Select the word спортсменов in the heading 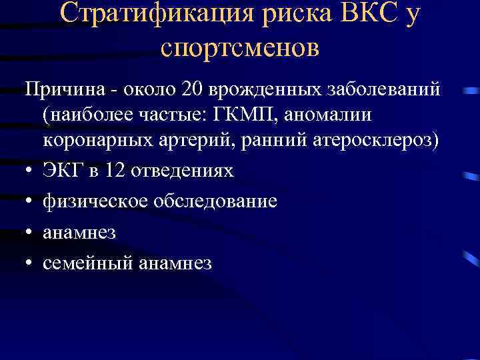coord(240,47)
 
